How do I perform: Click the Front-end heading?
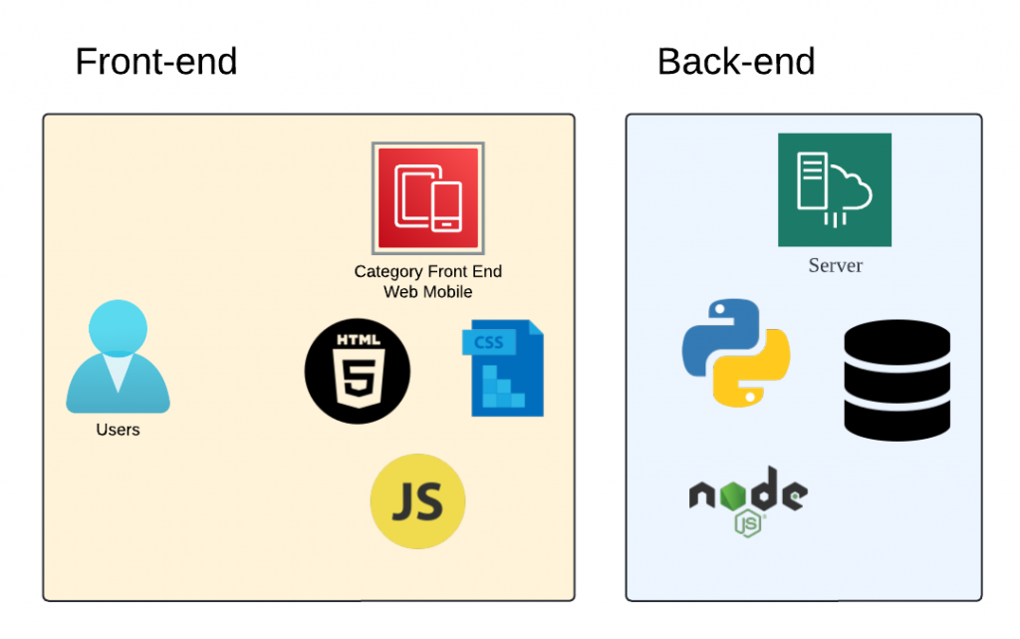156,62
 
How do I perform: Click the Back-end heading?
736,62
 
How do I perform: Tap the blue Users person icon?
118,357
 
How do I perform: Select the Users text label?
118,430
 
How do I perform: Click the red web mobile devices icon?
428,197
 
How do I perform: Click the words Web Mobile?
428,292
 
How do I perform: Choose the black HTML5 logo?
358,372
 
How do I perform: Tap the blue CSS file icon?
503,368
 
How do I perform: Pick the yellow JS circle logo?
417,501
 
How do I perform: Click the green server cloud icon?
835,189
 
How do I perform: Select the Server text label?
835,265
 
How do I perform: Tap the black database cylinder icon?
896,380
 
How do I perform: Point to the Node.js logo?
748,498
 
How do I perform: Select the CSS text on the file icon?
489,343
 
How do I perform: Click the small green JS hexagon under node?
749,522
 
